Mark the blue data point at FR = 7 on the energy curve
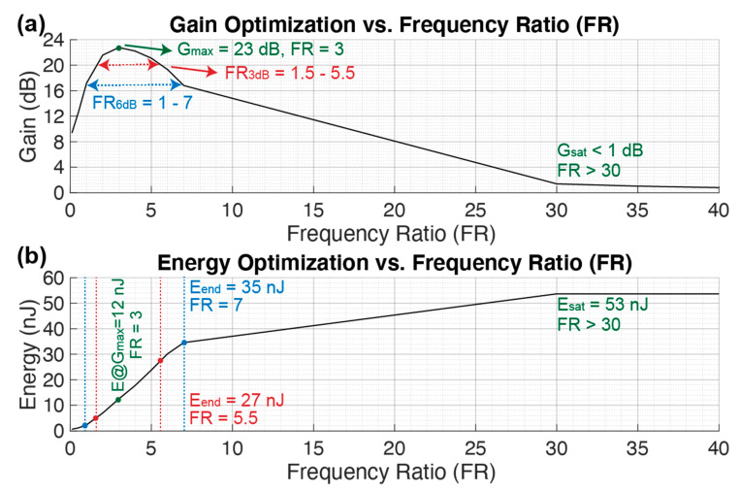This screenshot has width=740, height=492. (183, 343)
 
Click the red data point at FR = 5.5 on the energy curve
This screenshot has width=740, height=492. (160, 360)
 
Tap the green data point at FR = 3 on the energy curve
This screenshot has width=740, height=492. (118, 400)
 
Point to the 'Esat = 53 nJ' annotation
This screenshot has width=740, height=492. (602, 304)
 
